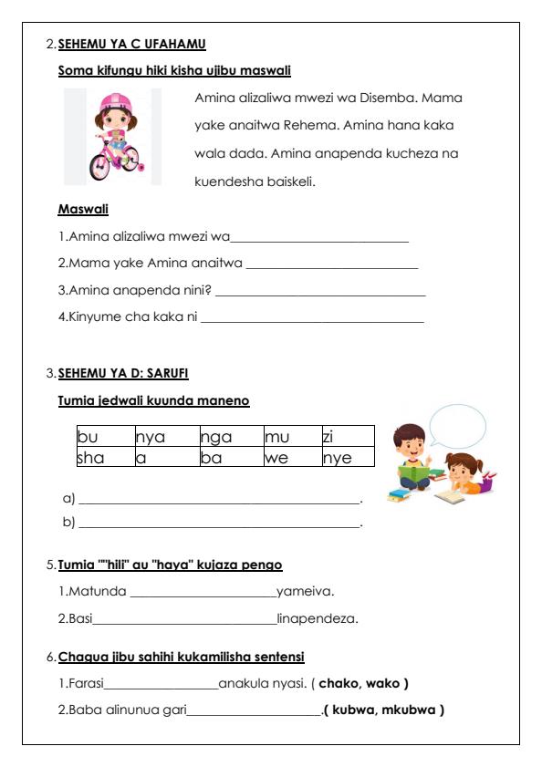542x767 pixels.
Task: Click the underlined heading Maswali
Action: pyautogui.click(x=83, y=210)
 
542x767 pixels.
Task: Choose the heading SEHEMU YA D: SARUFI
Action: pyautogui.click(x=123, y=373)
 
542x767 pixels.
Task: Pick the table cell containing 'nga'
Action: pyautogui.click(x=230, y=436)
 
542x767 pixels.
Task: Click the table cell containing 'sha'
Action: pyautogui.click(x=104, y=457)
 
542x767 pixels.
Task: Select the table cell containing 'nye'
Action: pyautogui.click(x=347, y=457)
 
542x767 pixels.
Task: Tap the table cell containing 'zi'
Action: pyautogui.click(x=347, y=436)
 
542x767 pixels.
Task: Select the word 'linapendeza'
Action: pyautogui.click(x=317, y=619)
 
